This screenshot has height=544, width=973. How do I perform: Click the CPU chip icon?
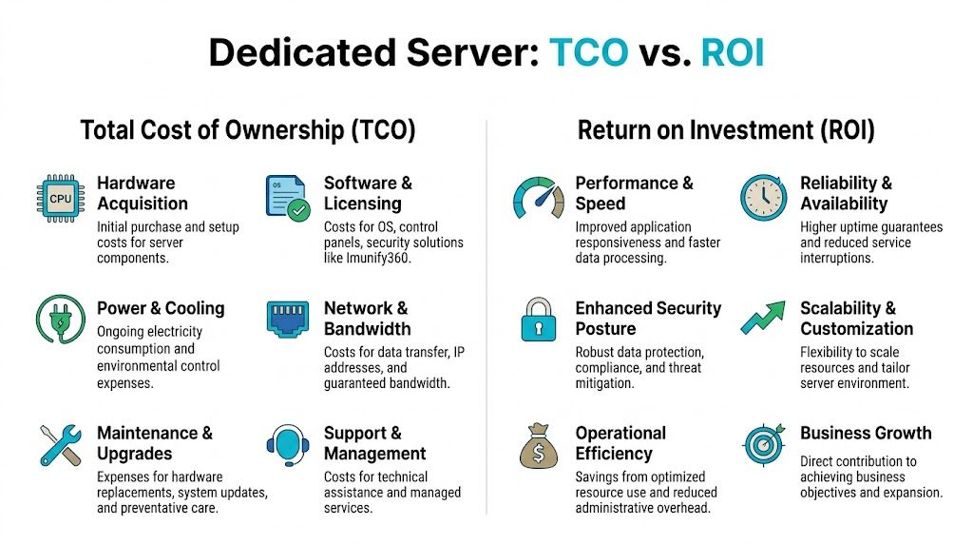coord(60,198)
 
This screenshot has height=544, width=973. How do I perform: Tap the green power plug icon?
coord(60,320)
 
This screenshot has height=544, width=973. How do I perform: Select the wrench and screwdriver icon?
coord(60,444)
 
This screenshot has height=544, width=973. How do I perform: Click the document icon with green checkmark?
coord(286,198)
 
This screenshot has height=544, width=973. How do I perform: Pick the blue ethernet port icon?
coord(286,321)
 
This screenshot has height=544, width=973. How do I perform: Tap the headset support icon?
coord(286,444)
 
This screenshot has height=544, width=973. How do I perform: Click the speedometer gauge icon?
coord(538,198)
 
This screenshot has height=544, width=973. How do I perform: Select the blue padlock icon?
coord(538,321)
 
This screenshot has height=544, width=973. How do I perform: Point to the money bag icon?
coord(538,445)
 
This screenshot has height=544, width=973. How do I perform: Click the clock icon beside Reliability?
coord(764,197)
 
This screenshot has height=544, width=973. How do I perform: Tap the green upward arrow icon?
coord(764,321)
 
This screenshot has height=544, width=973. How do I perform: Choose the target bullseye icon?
coord(764,444)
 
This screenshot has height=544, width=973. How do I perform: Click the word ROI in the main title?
coord(732,53)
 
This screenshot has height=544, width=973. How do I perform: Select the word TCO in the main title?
coord(588,53)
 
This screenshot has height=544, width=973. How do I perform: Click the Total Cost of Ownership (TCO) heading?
coord(248,130)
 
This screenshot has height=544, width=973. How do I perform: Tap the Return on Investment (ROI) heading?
coord(726,130)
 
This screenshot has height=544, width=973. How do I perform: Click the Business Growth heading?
coord(866,433)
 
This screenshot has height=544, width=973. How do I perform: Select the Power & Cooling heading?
coord(161,308)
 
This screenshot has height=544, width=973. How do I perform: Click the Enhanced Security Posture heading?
coord(648,319)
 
